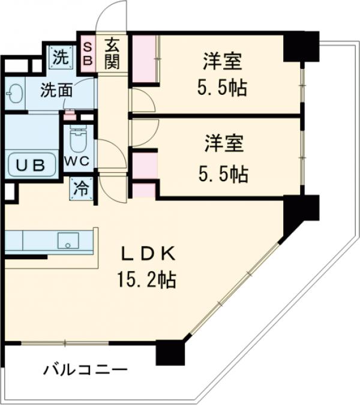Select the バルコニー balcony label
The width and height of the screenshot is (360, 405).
point(85,370)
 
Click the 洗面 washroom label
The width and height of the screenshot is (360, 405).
point(56,91)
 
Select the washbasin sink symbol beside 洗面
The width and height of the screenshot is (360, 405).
point(15,94)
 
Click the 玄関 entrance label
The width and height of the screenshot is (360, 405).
point(112,53)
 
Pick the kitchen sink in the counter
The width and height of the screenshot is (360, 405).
point(68,242)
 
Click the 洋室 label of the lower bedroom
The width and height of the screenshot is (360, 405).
point(221,145)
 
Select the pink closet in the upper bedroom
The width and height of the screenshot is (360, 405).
point(144,58)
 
